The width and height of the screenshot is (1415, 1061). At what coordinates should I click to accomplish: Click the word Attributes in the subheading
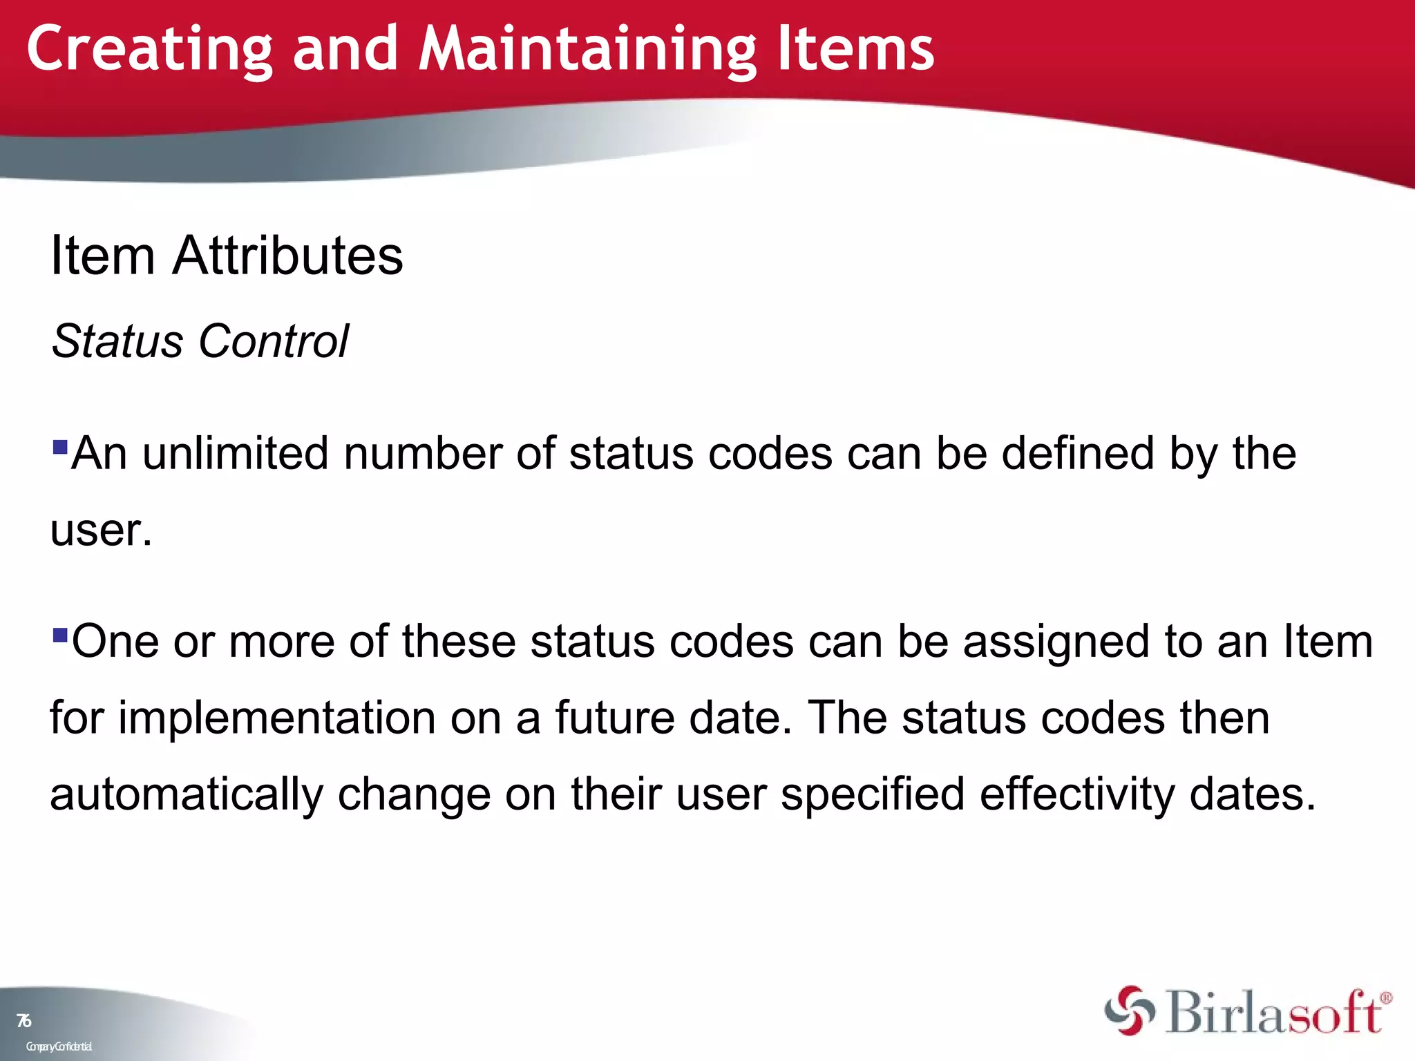pyautogui.click(x=287, y=256)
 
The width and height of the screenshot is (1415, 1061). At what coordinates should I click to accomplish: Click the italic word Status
pyautogui.click(x=117, y=341)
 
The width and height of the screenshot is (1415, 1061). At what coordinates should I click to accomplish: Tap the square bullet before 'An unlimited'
pyautogui.click(x=60, y=447)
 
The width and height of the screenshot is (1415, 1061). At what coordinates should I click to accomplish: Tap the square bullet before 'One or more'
pyautogui.click(x=60, y=634)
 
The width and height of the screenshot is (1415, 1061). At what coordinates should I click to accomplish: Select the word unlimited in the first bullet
pyautogui.click(x=235, y=454)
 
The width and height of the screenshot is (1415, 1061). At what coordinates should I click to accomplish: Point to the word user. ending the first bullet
pyautogui.click(x=101, y=530)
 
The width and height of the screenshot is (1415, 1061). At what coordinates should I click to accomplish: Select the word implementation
pyautogui.click(x=277, y=718)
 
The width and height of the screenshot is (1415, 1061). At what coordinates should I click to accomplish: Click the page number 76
pyautogui.click(x=24, y=1021)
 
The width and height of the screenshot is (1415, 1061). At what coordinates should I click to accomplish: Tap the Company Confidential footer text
pyautogui.click(x=59, y=1046)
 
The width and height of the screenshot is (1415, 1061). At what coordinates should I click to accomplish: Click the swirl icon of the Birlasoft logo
pyautogui.click(x=1129, y=1011)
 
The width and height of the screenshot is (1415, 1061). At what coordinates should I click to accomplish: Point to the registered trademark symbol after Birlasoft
pyautogui.click(x=1385, y=999)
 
